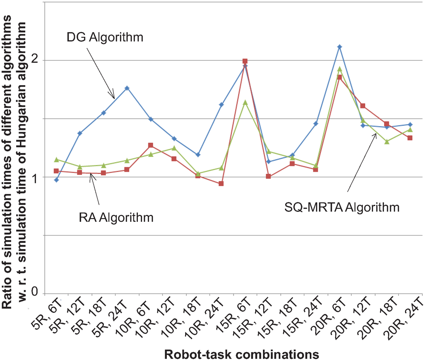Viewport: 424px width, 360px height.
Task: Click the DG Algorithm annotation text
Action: [105, 38]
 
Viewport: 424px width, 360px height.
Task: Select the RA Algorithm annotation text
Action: [116, 217]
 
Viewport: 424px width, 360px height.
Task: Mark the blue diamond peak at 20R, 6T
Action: [340, 47]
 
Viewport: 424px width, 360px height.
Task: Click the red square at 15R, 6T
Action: [245, 61]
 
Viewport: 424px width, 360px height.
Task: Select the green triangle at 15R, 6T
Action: [245, 102]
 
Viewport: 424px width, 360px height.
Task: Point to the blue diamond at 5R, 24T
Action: [127, 88]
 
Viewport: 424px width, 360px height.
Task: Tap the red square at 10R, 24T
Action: [222, 184]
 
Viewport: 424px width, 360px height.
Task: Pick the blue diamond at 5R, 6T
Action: [56, 180]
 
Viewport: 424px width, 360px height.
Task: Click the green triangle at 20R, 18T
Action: [387, 142]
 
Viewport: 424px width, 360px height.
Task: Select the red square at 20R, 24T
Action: [410, 138]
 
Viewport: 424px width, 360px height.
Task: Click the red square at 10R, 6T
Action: [151, 145]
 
